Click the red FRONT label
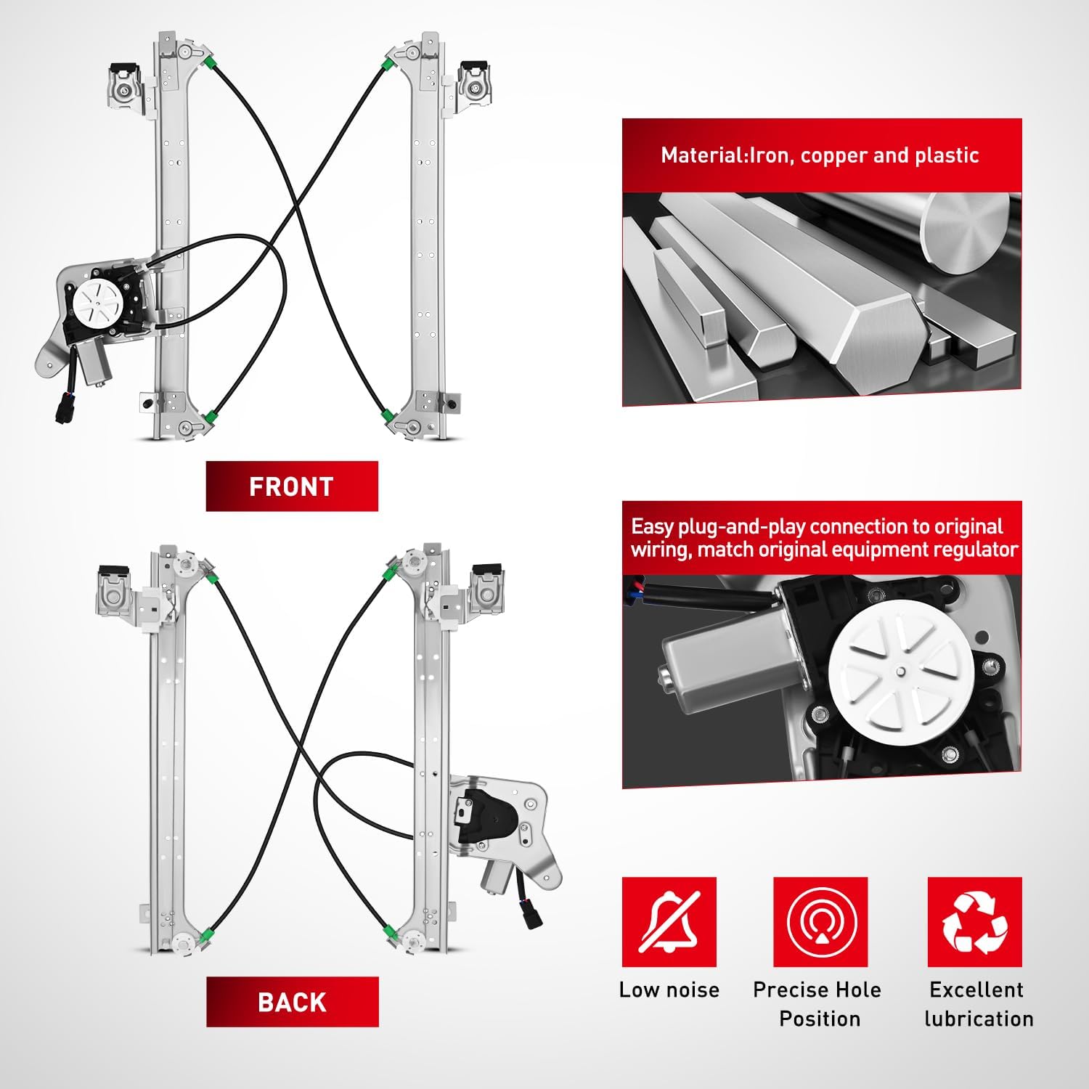(x=292, y=486)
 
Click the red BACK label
(x=293, y=1002)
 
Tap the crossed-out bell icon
(x=669, y=922)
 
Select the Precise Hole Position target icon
(x=820, y=922)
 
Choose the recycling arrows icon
(x=975, y=922)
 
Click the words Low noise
(x=669, y=990)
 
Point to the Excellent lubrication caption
(x=978, y=1004)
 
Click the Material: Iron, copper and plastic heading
(x=820, y=155)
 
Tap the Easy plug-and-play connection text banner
(x=823, y=538)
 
